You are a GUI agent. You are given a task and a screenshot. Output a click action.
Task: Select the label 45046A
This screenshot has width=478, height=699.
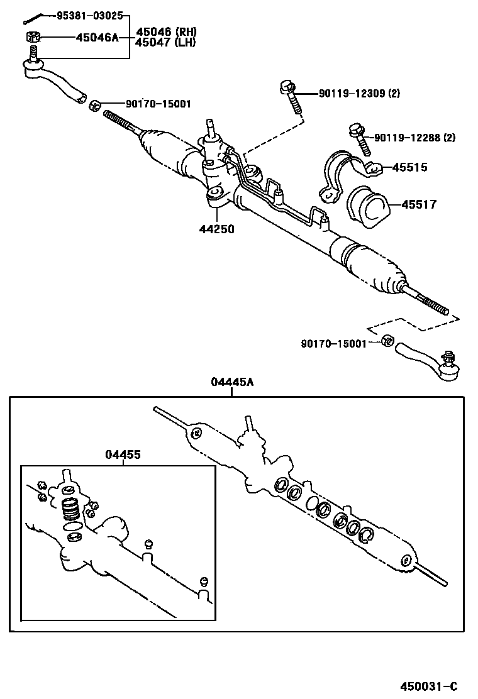97,38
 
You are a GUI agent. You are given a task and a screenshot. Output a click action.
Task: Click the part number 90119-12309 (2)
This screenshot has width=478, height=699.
358,94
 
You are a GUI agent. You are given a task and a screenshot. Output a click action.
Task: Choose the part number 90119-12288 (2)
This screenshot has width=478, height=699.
414,138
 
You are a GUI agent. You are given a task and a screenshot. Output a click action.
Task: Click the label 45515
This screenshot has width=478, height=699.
409,167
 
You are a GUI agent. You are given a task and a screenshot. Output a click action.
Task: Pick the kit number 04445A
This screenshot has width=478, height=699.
232,382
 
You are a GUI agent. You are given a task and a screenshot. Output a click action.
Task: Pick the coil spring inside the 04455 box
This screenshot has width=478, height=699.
70,507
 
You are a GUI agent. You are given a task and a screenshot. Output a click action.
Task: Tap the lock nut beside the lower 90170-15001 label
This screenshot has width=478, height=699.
387,341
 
